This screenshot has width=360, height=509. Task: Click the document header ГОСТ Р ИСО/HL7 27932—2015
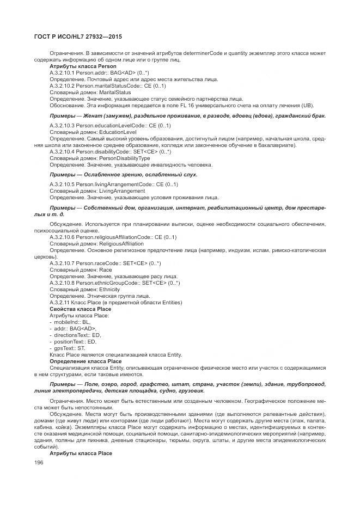click(x=78, y=36)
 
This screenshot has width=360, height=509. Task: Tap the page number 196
click(x=39, y=463)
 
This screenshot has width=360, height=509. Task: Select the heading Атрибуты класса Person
click(x=83, y=66)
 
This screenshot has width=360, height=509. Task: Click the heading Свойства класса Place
click(x=80, y=309)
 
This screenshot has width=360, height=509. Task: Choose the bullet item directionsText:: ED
click(x=77, y=335)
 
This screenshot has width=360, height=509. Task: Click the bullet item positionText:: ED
click(x=75, y=342)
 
